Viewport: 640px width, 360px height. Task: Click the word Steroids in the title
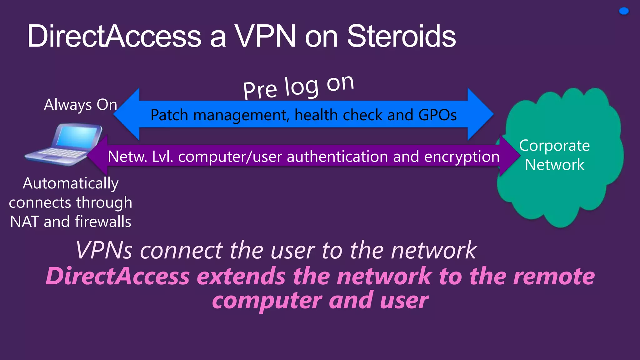coord(401,37)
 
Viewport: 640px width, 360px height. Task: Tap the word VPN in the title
coord(265,37)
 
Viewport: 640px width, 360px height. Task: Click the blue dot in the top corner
coord(624,11)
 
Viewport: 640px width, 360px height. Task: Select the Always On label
coord(81,105)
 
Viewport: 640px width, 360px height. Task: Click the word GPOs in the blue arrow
coord(437,115)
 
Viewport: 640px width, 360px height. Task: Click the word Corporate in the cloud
coord(554,146)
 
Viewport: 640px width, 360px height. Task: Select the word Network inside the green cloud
coord(554,165)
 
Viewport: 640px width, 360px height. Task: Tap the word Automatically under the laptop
coord(71,183)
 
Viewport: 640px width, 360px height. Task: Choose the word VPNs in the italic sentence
coord(104,250)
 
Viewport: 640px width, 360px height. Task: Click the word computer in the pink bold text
coord(267,301)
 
